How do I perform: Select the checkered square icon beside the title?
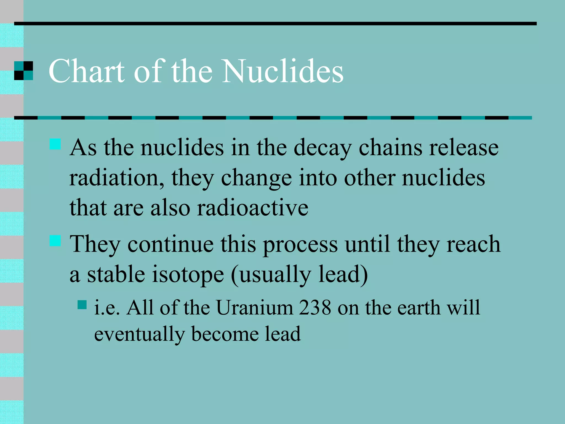click(23, 71)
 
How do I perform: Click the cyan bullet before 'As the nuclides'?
click(55, 144)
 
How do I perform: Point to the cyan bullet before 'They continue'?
click(55, 240)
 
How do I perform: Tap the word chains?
click(390, 148)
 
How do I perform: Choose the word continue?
click(170, 244)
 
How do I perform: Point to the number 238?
click(315, 308)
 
